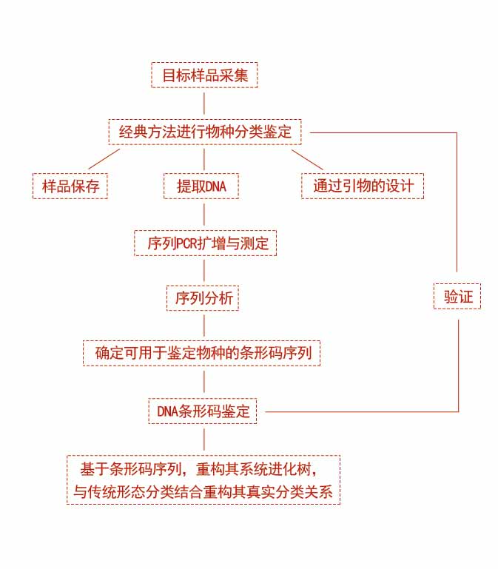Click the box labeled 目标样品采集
pyautogui.click(x=204, y=75)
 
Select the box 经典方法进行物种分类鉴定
pyautogui.click(x=205, y=132)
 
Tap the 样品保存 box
pyautogui.click(x=70, y=186)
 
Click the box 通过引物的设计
pyautogui.click(x=363, y=186)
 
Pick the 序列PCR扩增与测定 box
pyautogui.click(x=205, y=243)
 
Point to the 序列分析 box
pyautogui.click(x=204, y=298)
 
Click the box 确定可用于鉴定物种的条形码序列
pyautogui.click(x=204, y=354)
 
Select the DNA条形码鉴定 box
pyautogui.click(x=203, y=411)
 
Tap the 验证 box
pyautogui.click(x=457, y=297)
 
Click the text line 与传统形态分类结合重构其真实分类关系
pyautogui.click(x=203, y=491)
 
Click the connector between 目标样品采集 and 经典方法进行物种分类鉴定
pyautogui.click(x=204, y=104)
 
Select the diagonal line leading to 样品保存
pyautogui.click(x=104, y=159)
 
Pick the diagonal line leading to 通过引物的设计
pyautogui.click(x=307, y=159)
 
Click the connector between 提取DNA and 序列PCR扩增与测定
pyautogui.click(x=204, y=215)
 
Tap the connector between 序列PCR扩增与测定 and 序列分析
pyautogui.click(x=204, y=270)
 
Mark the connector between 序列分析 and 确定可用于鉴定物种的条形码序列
pyautogui.click(x=204, y=326)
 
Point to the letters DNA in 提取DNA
pyautogui.click(x=215, y=186)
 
